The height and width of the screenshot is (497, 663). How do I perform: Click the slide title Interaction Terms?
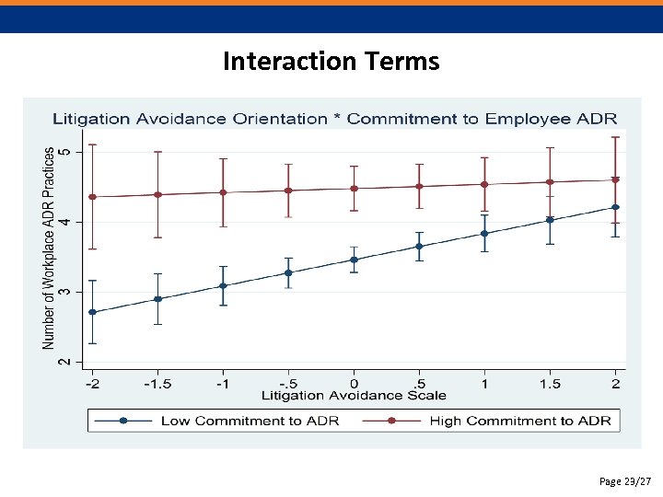pos(331,62)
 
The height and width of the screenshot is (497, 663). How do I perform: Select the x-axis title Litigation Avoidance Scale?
pos(354,396)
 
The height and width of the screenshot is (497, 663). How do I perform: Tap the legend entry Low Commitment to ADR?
pos(250,421)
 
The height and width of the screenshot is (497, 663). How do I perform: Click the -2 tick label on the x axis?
pos(92,382)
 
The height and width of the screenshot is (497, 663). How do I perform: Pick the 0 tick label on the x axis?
pos(354,382)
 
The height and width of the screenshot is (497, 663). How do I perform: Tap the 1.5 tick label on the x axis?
pos(550,382)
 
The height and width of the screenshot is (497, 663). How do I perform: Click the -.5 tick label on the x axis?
pos(287,382)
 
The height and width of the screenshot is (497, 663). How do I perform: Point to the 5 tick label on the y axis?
pos(64,151)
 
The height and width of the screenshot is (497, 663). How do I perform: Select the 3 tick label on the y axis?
pos(64,292)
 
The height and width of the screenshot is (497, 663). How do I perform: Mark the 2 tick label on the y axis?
pos(64,362)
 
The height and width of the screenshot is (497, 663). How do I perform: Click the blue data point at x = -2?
pos(92,312)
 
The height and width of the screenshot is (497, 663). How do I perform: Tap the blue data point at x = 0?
pos(354,260)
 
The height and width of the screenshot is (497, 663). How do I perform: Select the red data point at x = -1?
pos(223,192)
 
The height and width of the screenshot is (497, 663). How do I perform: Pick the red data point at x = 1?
pos(484,184)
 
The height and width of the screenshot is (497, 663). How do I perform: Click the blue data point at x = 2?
pos(615,207)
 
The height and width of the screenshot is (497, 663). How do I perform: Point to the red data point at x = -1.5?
pos(157,194)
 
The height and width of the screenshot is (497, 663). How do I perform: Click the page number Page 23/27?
pos(624,481)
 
